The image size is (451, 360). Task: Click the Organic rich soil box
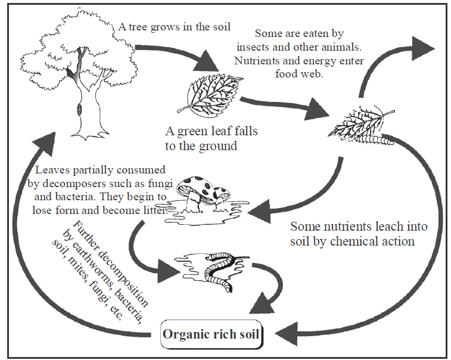pos(211,333)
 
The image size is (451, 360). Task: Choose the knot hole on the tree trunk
pos(77,110)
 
